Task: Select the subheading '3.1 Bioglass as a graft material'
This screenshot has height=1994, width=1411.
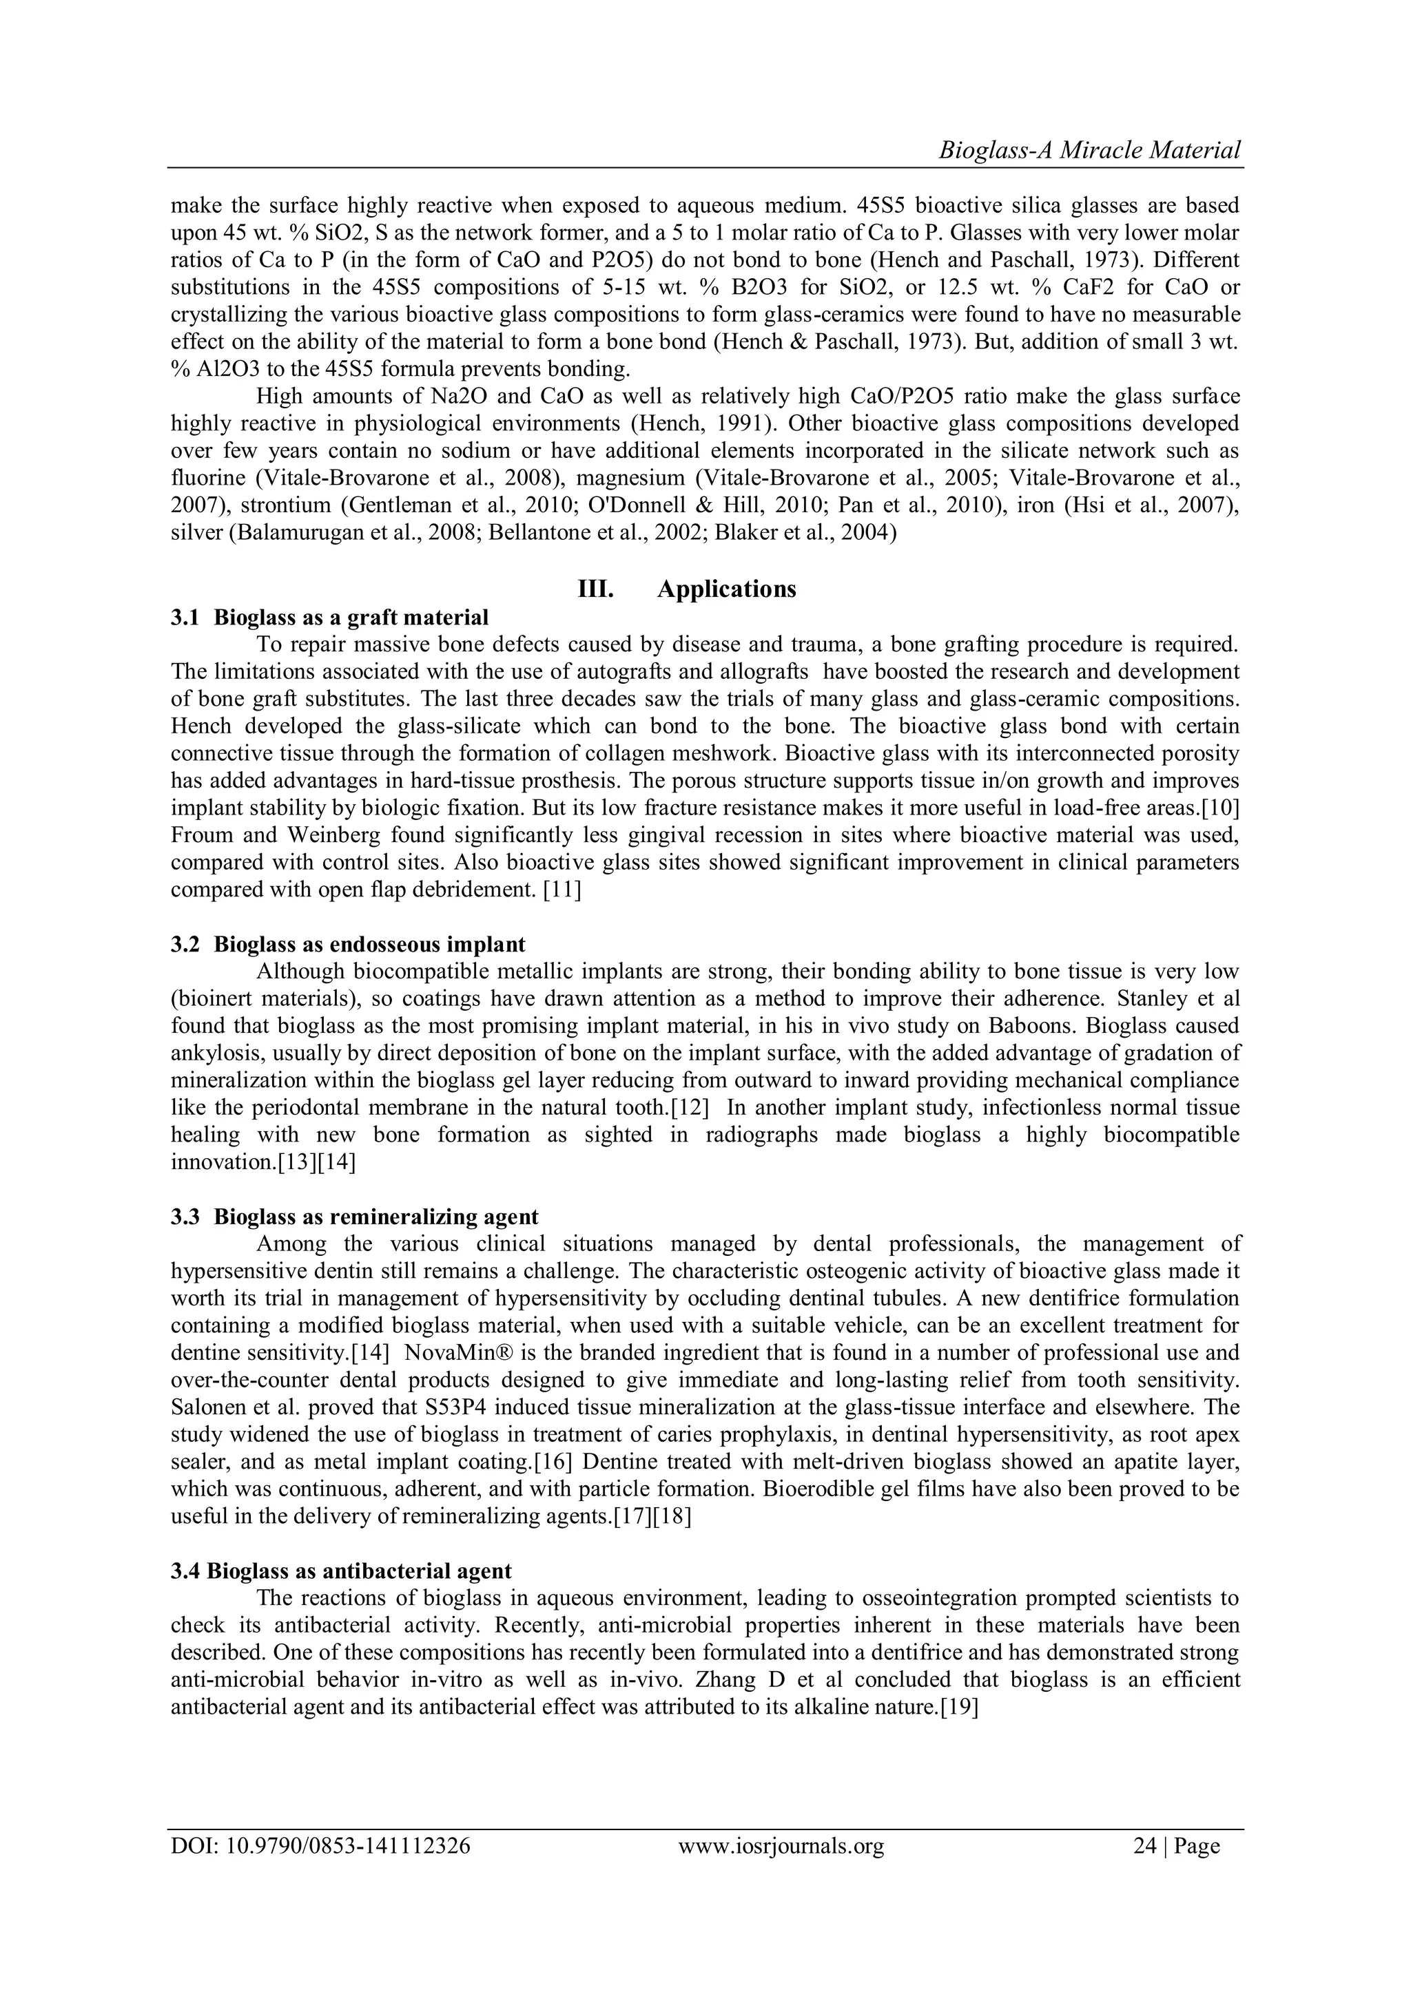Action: pyautogui.click(x=329, y=618)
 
